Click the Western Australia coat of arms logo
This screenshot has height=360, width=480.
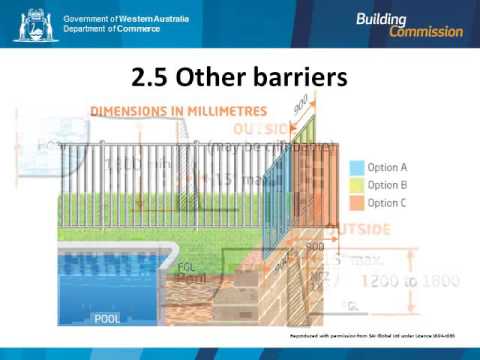[x=35, y=25]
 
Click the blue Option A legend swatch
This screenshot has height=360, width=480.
[x=356, y=167]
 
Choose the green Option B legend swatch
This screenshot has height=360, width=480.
[x=356, y=185]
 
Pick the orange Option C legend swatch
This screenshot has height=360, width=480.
[x=356, y=203]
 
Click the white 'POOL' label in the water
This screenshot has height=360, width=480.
[x=107, y=319]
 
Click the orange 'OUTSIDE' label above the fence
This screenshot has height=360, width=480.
[x=263, y=131]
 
